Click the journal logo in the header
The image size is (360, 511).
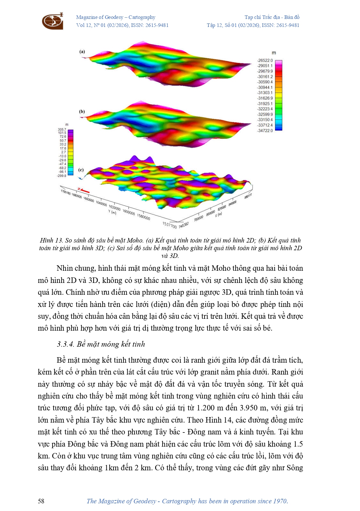point(53,21)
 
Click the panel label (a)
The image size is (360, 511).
point(82,52)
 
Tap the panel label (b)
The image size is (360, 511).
point(82,111)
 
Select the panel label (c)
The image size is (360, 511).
point(81,170)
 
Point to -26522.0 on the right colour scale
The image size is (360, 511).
point(265,61)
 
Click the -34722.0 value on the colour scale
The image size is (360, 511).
point(265,131)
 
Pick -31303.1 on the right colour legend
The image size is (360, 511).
point(265,93)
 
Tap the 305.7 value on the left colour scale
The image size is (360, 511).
point(62,129)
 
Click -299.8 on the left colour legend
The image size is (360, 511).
point(62,176)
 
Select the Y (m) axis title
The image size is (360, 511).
point(112,212)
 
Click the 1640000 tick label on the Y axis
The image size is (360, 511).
point(101,204)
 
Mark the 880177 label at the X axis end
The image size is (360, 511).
point(248,196)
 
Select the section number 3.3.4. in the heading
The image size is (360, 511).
point(65,344)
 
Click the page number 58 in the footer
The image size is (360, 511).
point(41,501)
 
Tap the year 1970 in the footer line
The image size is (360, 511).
point(280,501)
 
